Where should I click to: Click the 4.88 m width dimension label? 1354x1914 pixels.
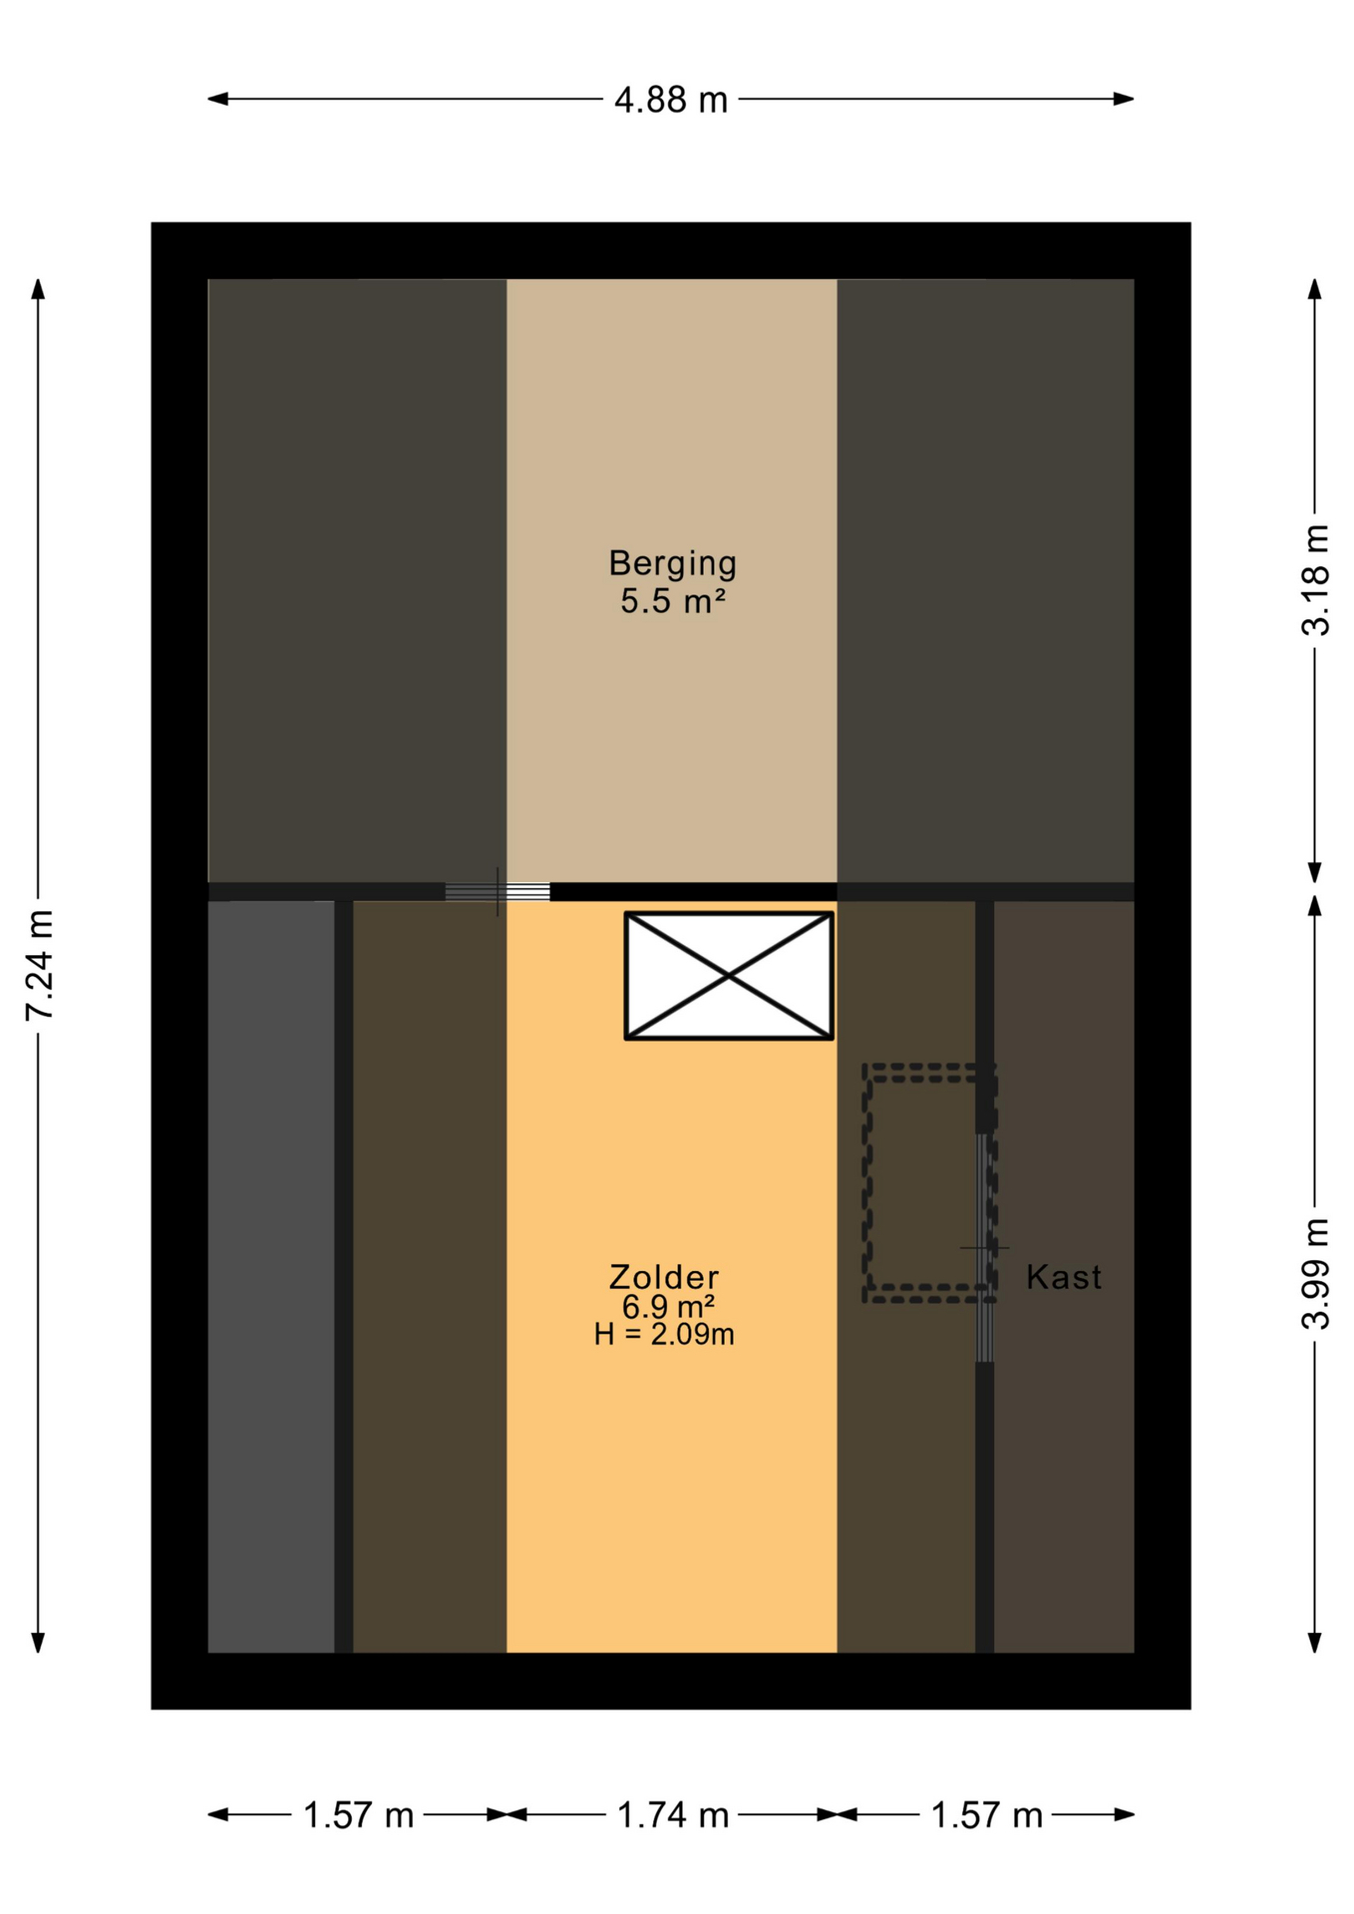click(671, 100)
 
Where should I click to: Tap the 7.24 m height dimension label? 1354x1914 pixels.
click(39, 965)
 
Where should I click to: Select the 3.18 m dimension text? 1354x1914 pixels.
click(1315, 579)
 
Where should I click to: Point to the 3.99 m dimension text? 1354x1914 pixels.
click(1315, 1273)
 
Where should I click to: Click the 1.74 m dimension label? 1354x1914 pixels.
click(673, 1815)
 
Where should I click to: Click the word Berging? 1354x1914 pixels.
click(673, 564)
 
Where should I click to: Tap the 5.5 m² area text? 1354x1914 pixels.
click(673, 601)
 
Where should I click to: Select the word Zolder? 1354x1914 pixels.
click(664, 1277)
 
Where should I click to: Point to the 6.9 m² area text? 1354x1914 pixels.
click(668, 1307)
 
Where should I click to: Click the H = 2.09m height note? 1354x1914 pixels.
click(664, 1334)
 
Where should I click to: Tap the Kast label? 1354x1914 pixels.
click(1064, 1277)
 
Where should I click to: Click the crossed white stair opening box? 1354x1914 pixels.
click(729, 976)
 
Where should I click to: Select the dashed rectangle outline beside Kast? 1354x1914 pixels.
click(865, 1183)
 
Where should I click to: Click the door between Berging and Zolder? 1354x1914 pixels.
click(498, 891)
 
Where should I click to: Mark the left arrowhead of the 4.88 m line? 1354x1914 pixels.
click(217, 99)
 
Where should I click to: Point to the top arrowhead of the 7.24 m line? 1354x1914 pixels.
click(38, 289)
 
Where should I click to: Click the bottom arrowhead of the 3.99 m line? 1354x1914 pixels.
click(1315, 1642)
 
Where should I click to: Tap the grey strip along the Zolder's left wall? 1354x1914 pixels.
click(271, 1277)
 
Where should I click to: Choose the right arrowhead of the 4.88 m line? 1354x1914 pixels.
click(1124, 99)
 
